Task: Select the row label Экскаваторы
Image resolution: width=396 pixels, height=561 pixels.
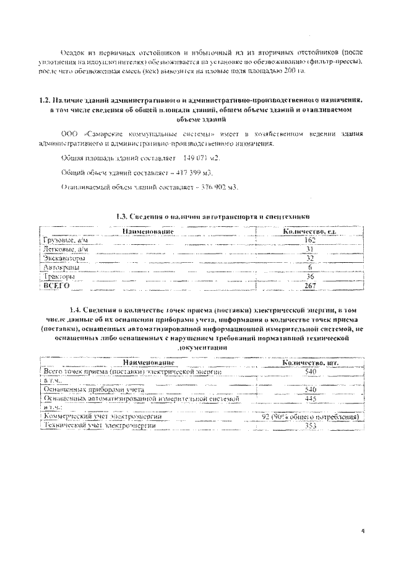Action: coord(65,258)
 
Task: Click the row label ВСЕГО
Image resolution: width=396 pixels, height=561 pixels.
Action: coord(56,286)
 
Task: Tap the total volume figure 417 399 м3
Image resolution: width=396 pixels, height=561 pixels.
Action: coord(197,173)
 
